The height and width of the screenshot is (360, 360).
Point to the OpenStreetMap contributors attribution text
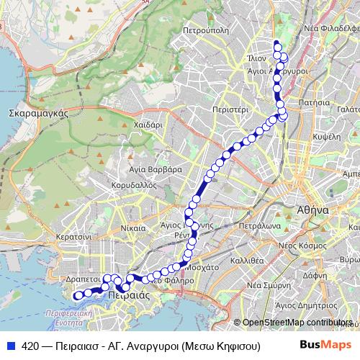pyautogui.click(x=297, y=323)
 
